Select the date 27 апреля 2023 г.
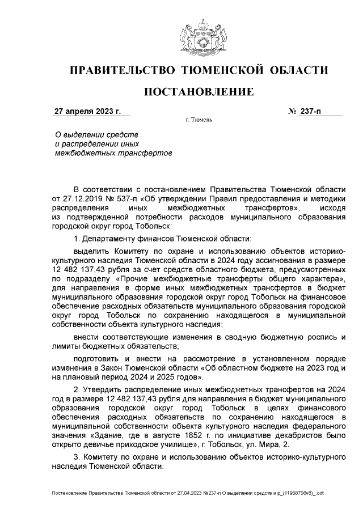pos(87,112)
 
